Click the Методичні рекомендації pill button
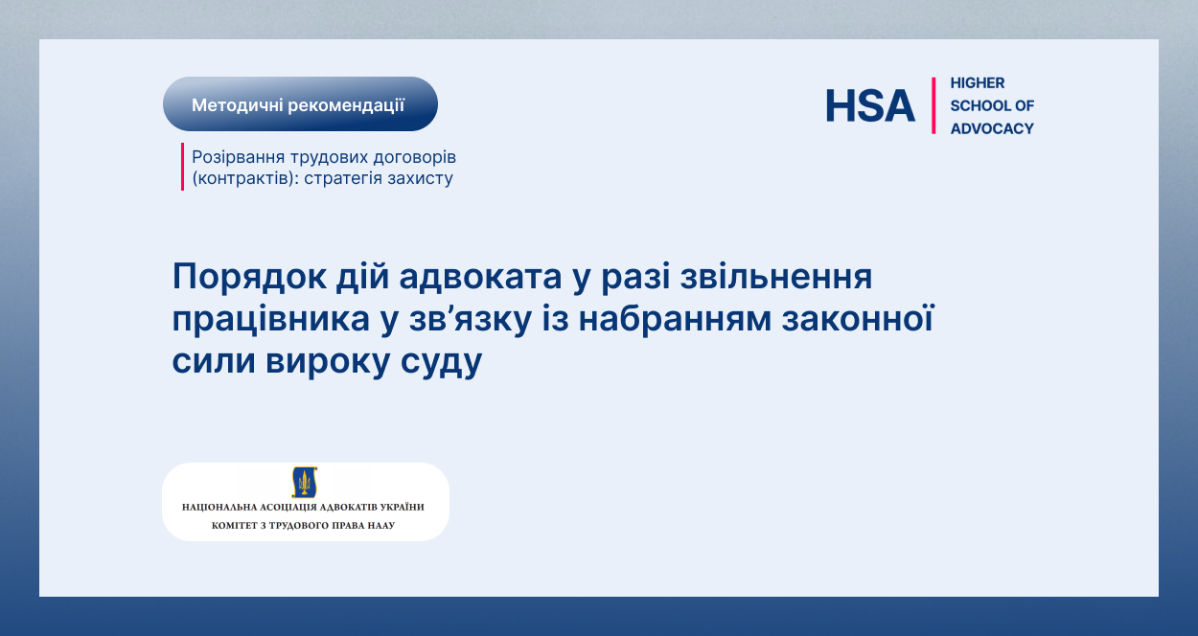(300, 104)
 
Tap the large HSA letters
(870, 105)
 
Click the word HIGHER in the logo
(978, 82)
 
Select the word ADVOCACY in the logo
(992, 128)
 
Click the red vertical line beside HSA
(933, 105)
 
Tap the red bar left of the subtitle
(182, 167)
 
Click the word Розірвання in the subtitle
(238, 157)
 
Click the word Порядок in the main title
(249, 277)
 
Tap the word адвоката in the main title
(480, 276)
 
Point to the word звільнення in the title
(776, 277)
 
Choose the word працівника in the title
(270, 320)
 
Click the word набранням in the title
(675, 320)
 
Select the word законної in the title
(858, 319)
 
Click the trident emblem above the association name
(305, 482)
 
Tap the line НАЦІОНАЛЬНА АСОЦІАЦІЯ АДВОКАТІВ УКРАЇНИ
(303, 507)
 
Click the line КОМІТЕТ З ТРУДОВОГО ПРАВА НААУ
(303, 525)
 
